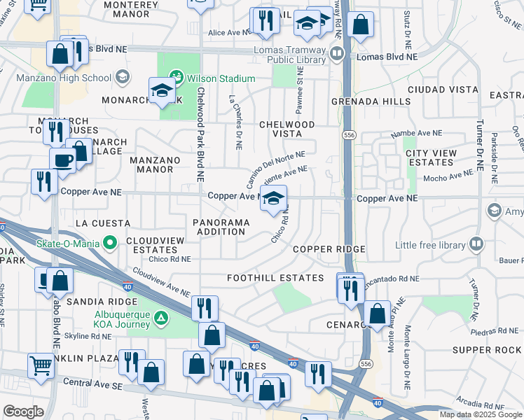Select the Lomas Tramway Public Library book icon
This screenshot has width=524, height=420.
point(337,54)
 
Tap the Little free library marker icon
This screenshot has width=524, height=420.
point(476,244)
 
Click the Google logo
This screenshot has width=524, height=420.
point(23,412)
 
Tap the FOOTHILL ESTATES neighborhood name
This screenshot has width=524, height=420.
point(275,278)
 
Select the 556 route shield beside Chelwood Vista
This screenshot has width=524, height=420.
point(347,134)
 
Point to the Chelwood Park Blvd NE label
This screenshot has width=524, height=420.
point(200,133)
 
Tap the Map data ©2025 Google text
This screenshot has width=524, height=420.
point(481,414)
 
